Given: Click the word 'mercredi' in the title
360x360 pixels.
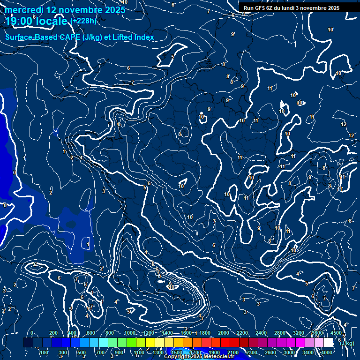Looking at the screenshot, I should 24,10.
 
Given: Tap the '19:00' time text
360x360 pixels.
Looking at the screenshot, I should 19,21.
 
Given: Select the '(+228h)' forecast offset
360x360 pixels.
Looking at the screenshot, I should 83,21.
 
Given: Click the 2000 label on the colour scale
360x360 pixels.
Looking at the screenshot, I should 224,333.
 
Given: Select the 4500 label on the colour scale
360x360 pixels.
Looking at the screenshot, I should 336,333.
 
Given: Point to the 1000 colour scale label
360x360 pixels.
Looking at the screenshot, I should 130,333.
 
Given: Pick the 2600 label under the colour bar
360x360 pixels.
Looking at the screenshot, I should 270,352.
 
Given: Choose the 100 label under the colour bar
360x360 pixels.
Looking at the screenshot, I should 45,352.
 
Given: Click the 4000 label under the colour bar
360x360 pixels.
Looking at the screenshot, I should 327,352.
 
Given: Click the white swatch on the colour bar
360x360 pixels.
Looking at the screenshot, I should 328,343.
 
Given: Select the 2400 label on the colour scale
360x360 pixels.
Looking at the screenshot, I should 261,333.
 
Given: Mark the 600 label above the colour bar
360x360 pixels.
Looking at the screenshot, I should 91,333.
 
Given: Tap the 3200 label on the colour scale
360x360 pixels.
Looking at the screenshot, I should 299,333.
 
